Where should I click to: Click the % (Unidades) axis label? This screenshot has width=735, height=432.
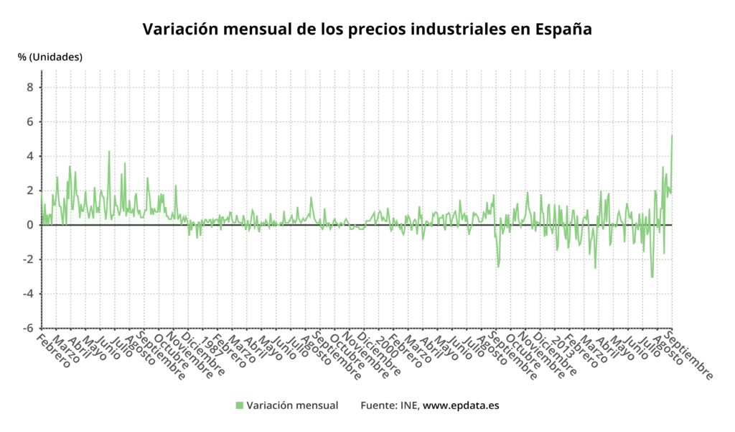click(50, 57)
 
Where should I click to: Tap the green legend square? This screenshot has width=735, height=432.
click(240, 405)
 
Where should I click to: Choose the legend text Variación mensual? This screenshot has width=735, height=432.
click(292, 405)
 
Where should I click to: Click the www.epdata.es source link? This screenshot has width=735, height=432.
click(461, 405)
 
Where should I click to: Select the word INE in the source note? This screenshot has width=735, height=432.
click(409, 405)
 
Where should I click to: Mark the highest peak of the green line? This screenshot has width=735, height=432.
click(672, 135)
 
